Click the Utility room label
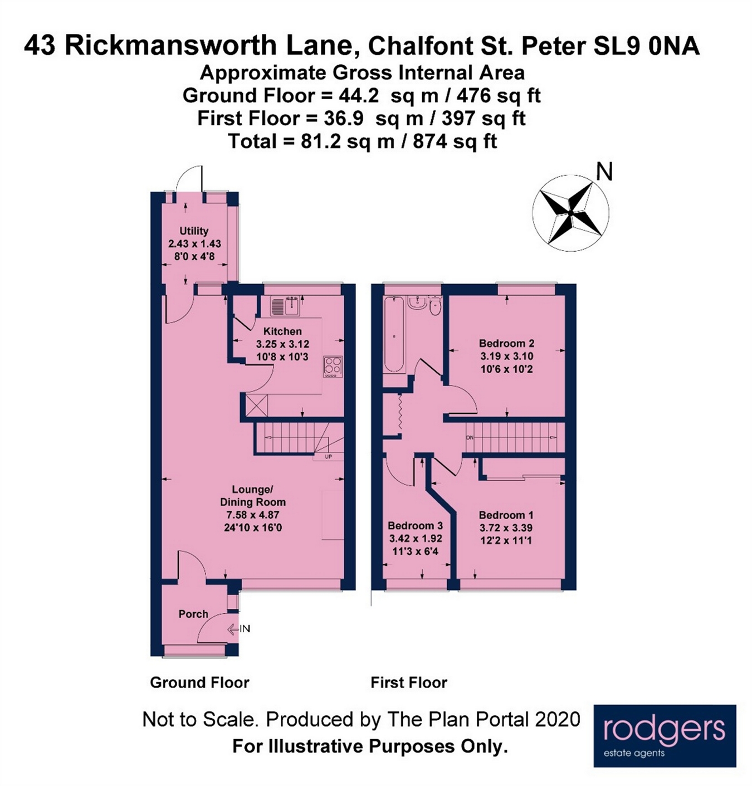pos(194,231)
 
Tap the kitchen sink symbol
pos(285,306)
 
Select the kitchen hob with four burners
pos(333,366)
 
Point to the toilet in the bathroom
pos(436,306)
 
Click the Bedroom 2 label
pos(506,343)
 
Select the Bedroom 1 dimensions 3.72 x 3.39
pos(506,528)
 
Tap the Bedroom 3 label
pos(415,525)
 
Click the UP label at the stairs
pos(328,457)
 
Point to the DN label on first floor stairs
pos(470,438)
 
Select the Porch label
pos(193,614)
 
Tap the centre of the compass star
pos(570,212)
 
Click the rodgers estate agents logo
pos(665,736)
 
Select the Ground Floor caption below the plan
pos(199,682)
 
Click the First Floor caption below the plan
pos(409,682)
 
